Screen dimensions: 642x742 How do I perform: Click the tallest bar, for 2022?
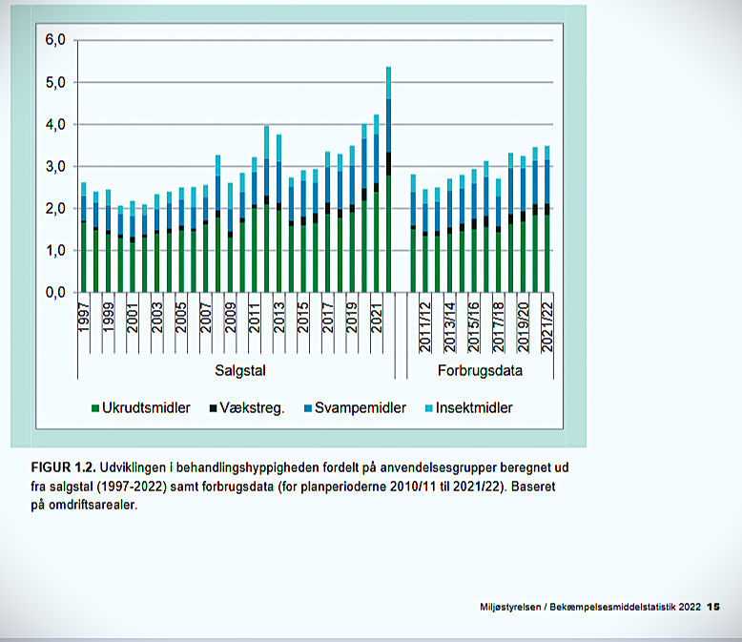pyautogui.click(x=388, y=181)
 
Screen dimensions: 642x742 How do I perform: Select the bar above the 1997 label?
pyautogui.click(x=84, y=238)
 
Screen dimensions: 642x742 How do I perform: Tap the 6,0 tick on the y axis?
pyautogui.click(x=54, y=41)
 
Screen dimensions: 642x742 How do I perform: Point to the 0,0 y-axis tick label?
pyautogui.click(x=54, y=292)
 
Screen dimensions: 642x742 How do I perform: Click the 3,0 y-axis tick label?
pyautogui.click(x=54, y=167)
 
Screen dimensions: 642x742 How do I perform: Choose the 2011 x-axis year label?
pyautogui.click(x=255, y=319)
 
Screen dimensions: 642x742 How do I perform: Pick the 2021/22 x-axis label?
pyautogui.click(x=546, y=327)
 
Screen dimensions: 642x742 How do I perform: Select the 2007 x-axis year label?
pyautogui.click(x=206, y=319)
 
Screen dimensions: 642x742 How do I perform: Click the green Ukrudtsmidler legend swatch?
pyautogui.click(x=94, y=408)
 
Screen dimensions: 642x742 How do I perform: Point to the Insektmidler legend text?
pyautogui.click(x=474, y=408)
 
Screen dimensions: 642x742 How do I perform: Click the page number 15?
pyautogui.click(x=713, y=607)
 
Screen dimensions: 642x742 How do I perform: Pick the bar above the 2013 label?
pyautogui.click(x=278, y=215)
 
